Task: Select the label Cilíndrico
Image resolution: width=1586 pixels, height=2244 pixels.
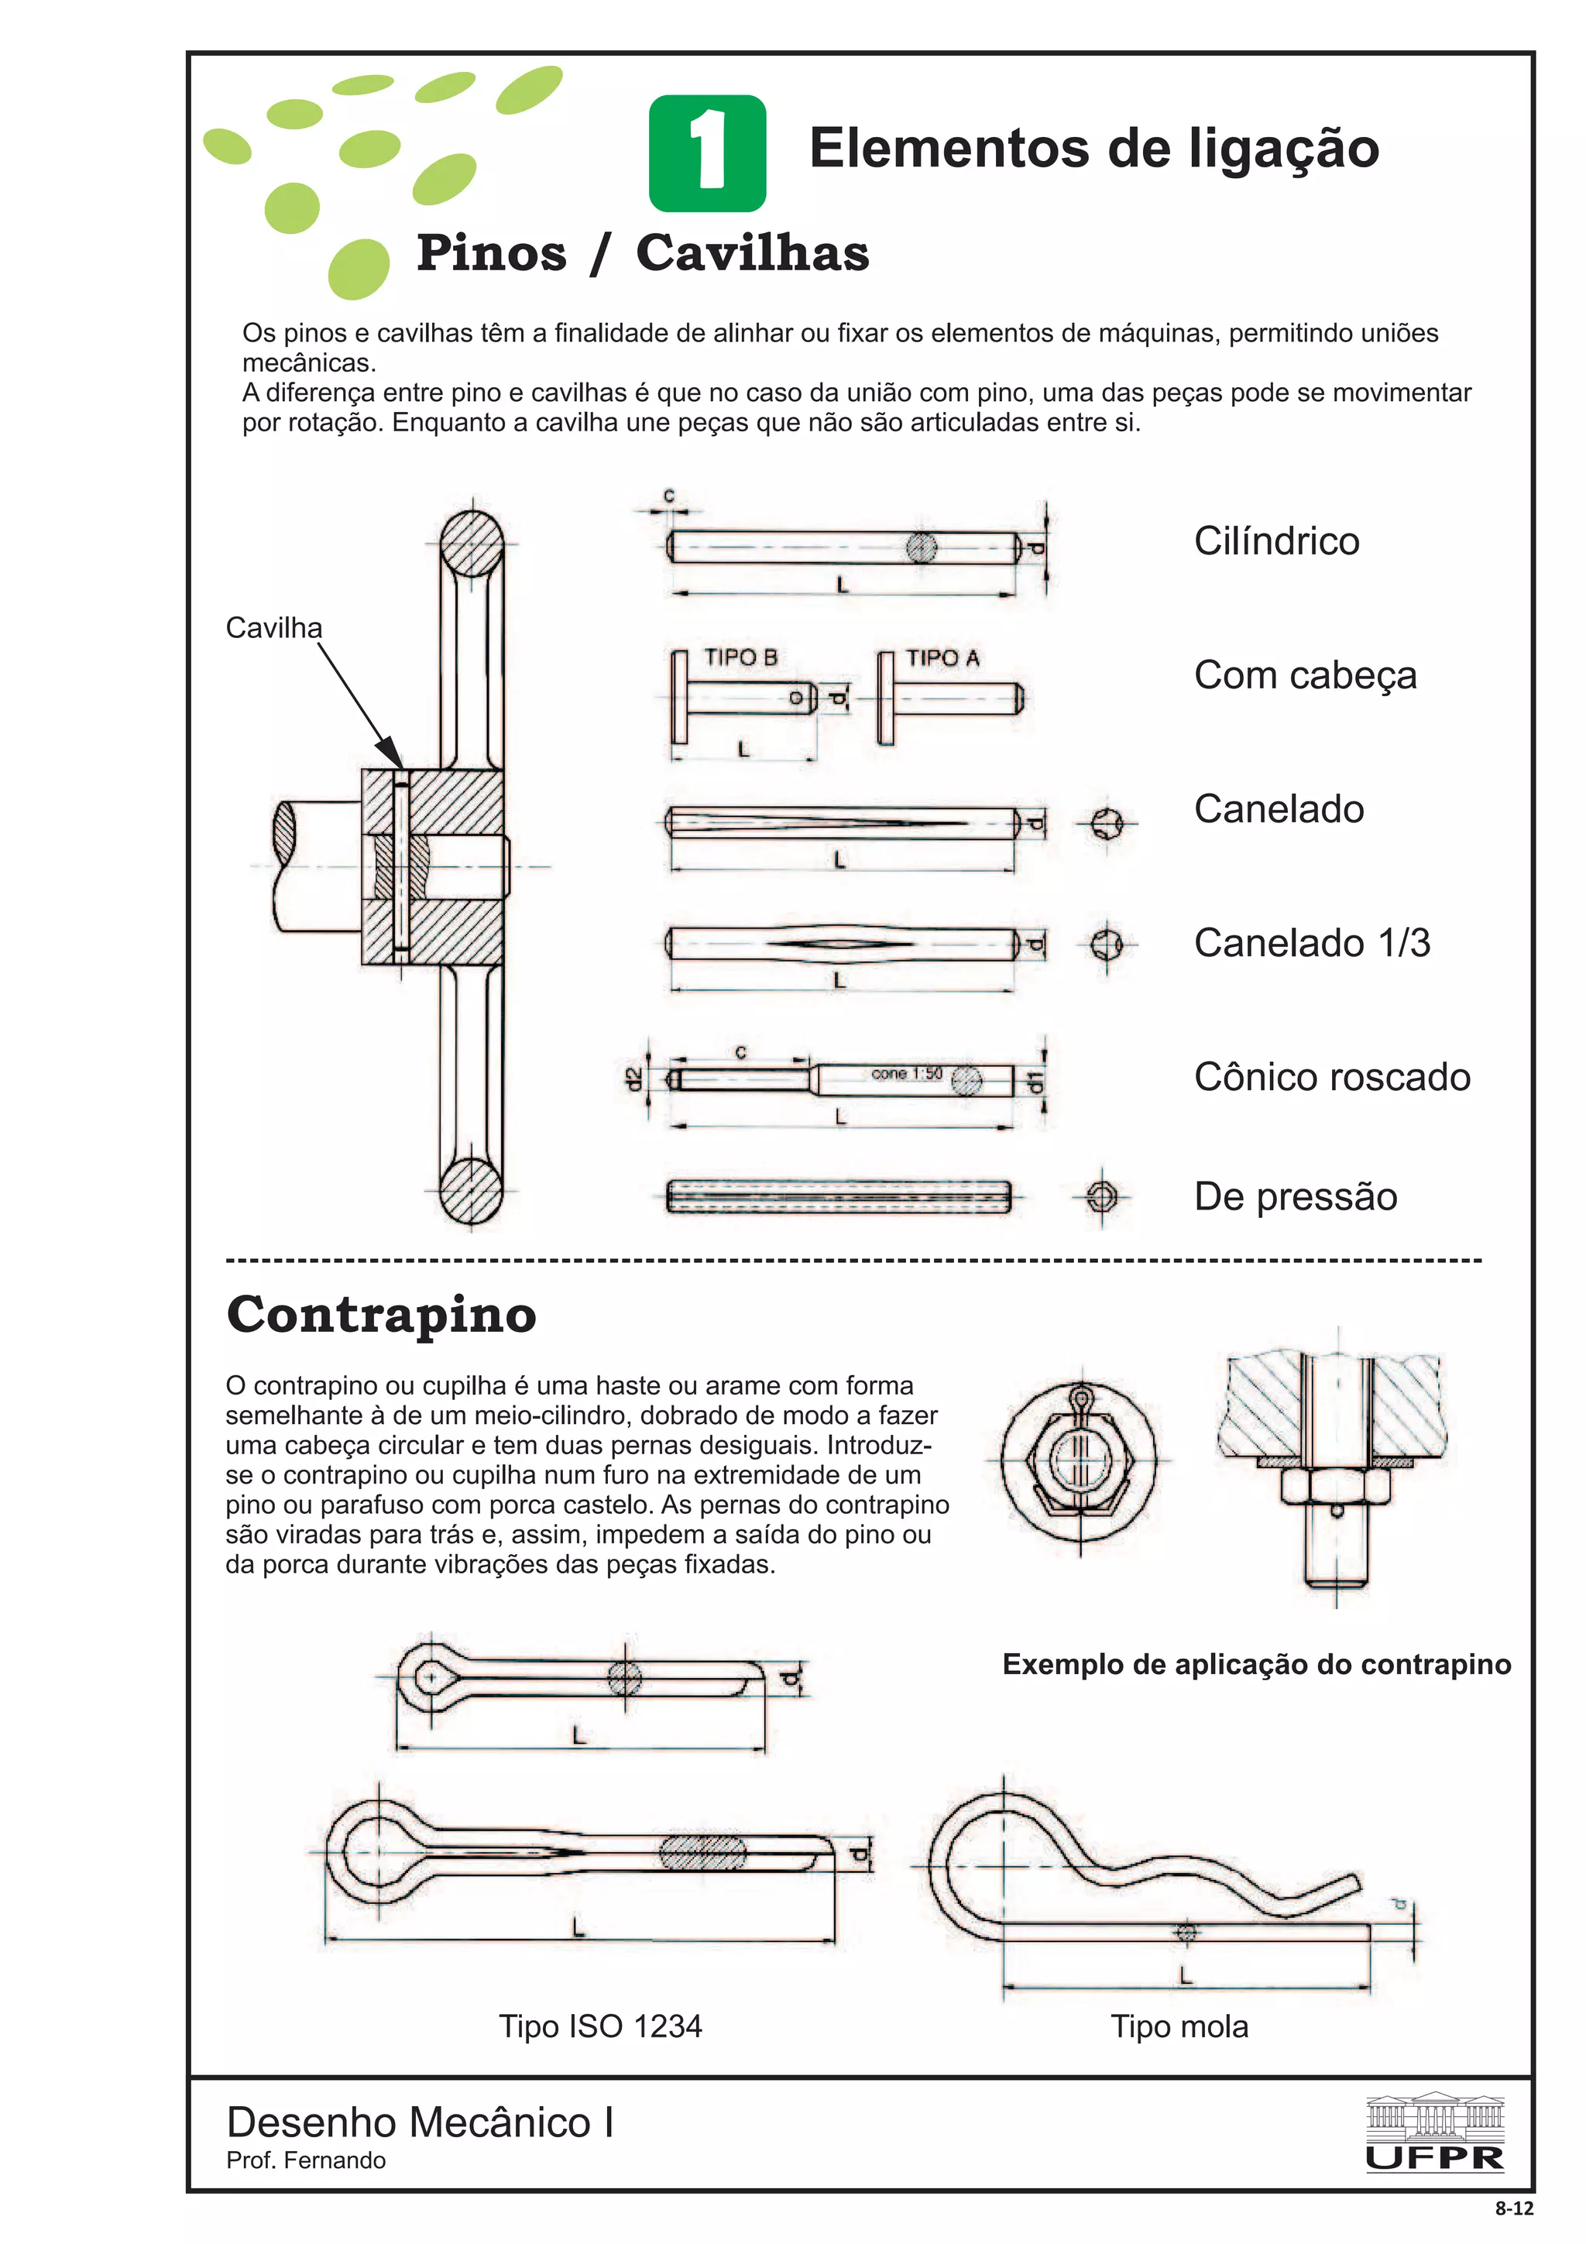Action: click(x=1275, y=541)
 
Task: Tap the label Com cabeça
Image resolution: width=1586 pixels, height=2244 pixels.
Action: click(x=1305, y=675)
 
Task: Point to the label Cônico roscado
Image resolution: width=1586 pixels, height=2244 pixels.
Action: click(x=1331, y=1077)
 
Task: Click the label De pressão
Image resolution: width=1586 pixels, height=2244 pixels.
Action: click(x=1295, y=1196)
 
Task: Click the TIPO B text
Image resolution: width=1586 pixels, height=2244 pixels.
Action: click(x=740, y=657)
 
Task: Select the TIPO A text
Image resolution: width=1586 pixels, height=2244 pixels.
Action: click(x=942, y=657)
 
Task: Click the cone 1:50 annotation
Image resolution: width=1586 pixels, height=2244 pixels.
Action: click(x=906, y=1073)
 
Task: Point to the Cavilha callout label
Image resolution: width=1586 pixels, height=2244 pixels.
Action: click(x=273, y=627)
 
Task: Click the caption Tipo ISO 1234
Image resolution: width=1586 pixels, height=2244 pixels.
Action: click(x=600, y=2026)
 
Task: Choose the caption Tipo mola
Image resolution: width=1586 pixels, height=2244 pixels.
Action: click(x=1179, y=2026)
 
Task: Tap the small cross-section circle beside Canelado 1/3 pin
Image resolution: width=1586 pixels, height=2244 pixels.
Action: click(x=1105, y=944)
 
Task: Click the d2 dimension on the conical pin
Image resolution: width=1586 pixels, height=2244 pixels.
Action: click(x=635, y=1079)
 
